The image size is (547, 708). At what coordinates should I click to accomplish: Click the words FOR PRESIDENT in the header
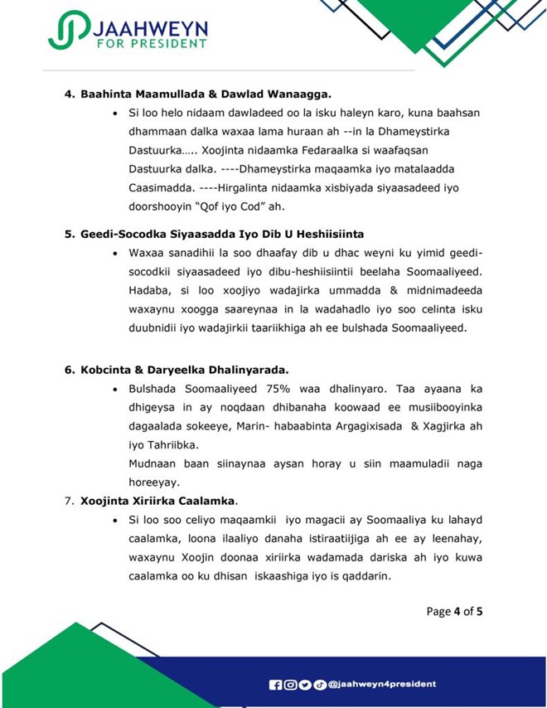(152, 42)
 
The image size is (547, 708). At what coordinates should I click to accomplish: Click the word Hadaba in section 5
(150, 291)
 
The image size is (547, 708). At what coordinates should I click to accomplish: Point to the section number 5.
(70, 235)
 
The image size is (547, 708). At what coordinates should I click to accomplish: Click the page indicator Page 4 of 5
(454, 612)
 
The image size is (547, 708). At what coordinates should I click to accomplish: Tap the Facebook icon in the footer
(276, 684)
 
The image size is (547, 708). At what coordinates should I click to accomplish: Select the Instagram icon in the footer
(290, 684)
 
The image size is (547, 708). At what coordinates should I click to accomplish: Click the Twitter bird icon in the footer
(304, 684)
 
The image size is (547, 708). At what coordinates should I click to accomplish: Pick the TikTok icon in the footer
(319, 684)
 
